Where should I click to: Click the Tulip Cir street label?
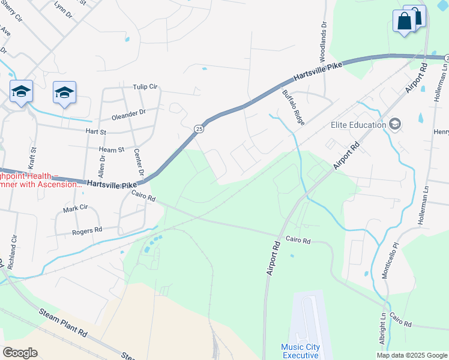[144, 87]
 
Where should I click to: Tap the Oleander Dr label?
[127, 112]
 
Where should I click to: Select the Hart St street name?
[95, 131]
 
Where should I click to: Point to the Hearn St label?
[112, 149]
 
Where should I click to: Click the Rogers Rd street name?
[87, 230]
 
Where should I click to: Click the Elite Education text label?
[357, 125]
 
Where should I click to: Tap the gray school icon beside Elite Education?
[395, 124]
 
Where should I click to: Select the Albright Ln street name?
[382, 328]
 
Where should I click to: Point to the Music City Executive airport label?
[300, 352]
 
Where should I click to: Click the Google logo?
[20, 352]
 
